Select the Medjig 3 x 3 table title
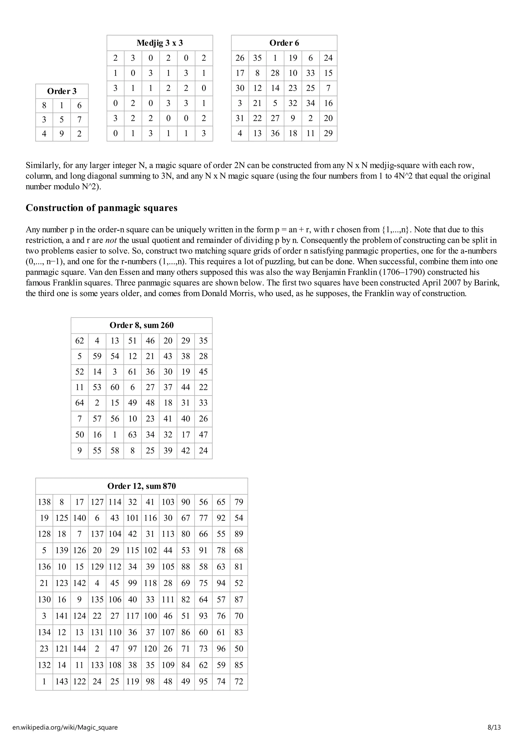click(x=160, y=43)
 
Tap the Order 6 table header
click(x=284, y=43)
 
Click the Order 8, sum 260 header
click(x=142, y=325)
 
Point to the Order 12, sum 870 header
click(x=142, y=486)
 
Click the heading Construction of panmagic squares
click(x=101, y=208)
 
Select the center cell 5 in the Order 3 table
click(x=62, y=119)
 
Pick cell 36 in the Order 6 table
click(x=275, y=133)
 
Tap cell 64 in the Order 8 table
click(x=80, y=403)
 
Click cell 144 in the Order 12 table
click(x=80, y=649)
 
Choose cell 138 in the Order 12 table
click(x=44, y=502)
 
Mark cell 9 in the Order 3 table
click(x=62, y=134)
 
